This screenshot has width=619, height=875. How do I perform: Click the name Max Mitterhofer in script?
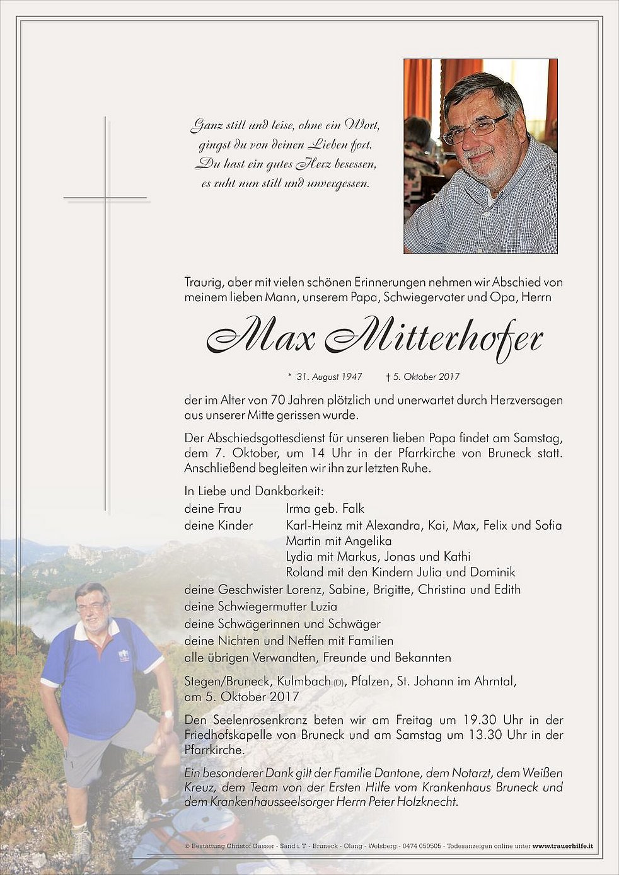pyautogui.click(x=374, y=340)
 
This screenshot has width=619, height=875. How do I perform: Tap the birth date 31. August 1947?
pyautogui.click(x=329, y=377)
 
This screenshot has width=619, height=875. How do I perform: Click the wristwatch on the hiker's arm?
pyautogui.click(x=167, y=714)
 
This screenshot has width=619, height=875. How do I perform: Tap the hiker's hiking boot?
pyautogui.click(x=81, y=844)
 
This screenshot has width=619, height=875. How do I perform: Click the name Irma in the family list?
pyautogui.click(x=298, y=508)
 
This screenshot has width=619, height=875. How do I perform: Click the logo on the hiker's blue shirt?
pyautogui.click(x=124, y=655)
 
